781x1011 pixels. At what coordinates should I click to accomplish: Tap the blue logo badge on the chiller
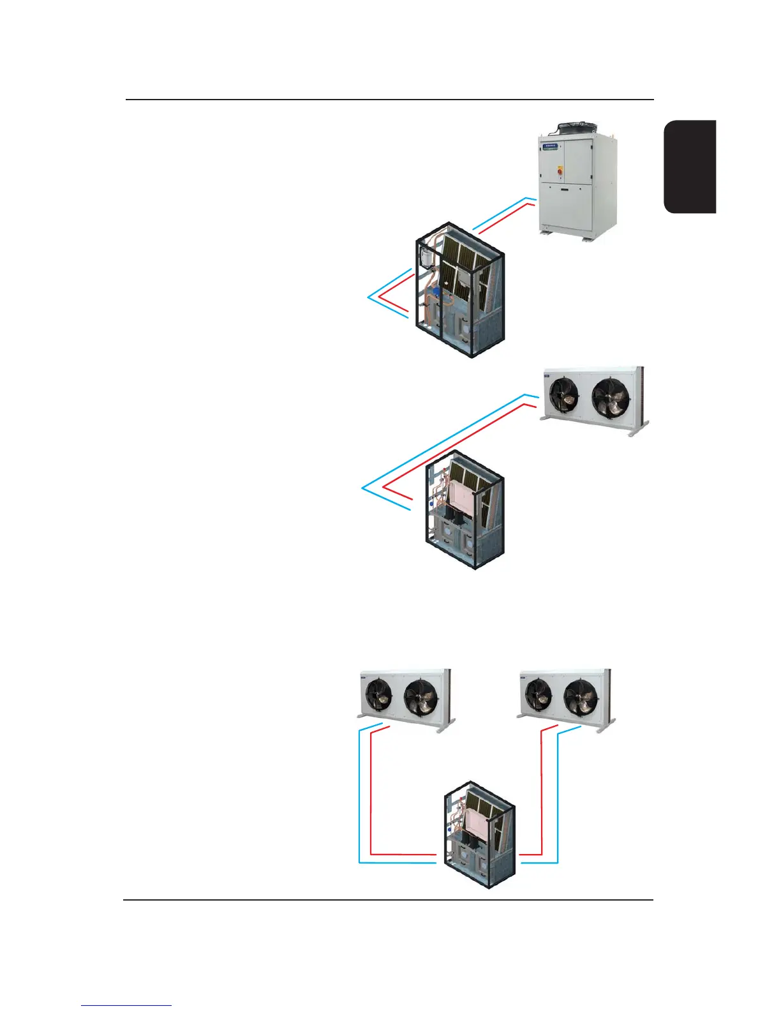click(550, 147)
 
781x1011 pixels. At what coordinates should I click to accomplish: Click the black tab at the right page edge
click(690, 167)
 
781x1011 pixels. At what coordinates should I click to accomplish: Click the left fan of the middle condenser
click(563, 394)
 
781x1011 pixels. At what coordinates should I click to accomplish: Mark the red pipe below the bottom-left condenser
click(371, 798)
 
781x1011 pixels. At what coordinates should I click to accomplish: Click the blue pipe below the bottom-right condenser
click(558, 798)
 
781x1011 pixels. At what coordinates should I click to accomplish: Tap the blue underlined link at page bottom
click(126, 1005)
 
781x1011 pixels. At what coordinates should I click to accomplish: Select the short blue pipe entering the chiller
click(501, 213)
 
